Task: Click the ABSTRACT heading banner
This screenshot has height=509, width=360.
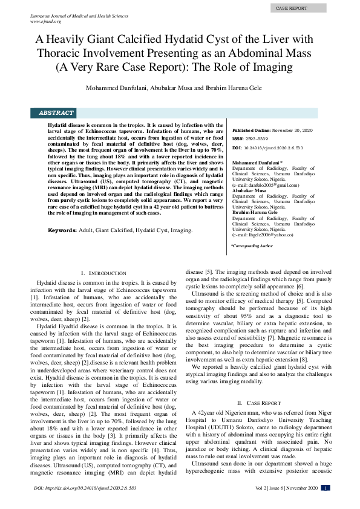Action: pyautogui.click(x=56, y=113)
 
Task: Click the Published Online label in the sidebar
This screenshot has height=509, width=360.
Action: pyautogui.click(x=251, y=130)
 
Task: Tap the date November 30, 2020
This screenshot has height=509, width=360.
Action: pyautogui.click(x=292, y=130)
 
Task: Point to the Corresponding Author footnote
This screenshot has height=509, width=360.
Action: pyautogui.click(x=252, y=246)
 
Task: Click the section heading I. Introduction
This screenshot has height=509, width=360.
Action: pyautogui.click(x=103, y=274)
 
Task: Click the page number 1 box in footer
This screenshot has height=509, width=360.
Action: pyautogui.click(x=326, y=488)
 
